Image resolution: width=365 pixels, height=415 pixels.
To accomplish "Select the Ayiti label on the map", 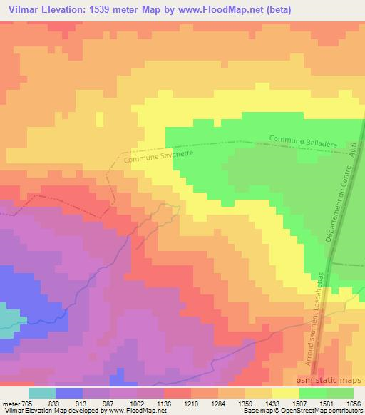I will [351, 149].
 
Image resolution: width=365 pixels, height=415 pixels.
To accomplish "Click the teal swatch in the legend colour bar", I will [42, 393].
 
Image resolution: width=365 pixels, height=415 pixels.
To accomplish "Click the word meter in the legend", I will [9, 403].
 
